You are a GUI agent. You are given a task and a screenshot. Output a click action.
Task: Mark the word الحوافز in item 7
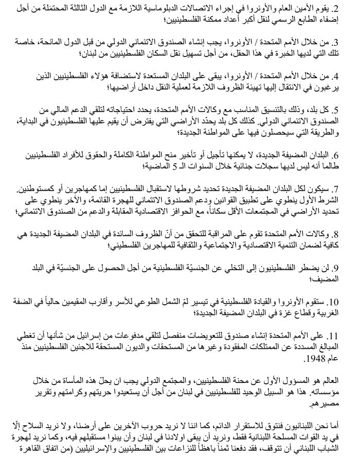(x=174, y=213)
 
